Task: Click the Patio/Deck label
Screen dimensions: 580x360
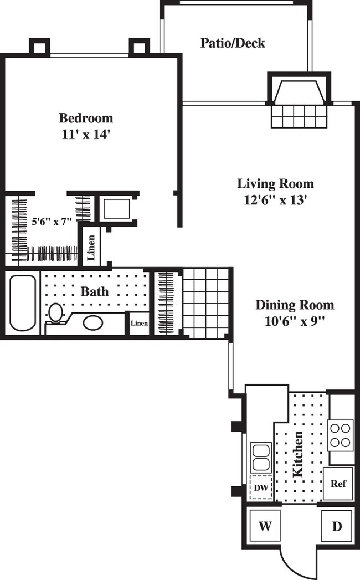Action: click(x=233, y=43)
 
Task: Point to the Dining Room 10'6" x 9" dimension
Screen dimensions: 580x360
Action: click(x=294, y=321)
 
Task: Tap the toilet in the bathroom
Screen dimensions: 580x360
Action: click(x=55, y=313)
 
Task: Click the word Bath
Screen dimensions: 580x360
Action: click(x=95, y=291)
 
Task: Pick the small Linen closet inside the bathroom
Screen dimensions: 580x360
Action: click(x=139, y=323)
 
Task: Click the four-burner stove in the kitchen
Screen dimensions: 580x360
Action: click(x=341, y=434)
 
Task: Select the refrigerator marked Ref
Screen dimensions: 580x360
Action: click(x=338, y=484)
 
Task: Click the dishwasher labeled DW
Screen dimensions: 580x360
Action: click(x=260, y=489)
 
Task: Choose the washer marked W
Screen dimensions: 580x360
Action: click(x=265, y=526)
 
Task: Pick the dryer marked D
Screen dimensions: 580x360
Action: click(x=337, y=526)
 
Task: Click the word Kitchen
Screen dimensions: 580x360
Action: click(x=297, y=454)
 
